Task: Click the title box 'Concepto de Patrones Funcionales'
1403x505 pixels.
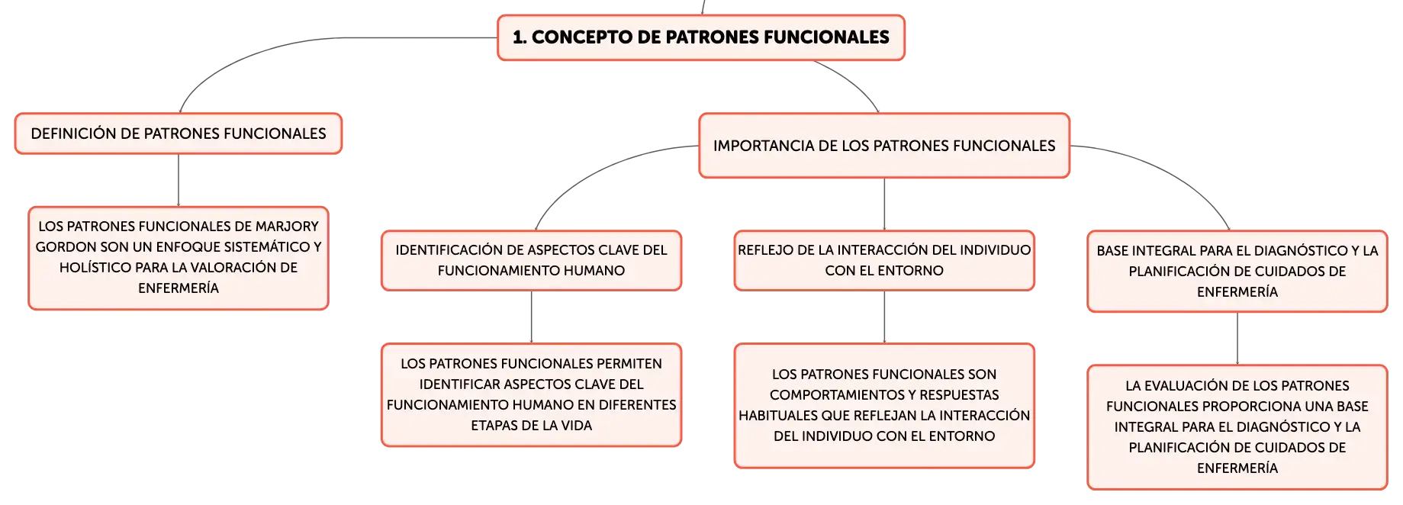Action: click(700, 37)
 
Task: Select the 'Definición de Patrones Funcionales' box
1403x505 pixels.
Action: click(179, 133)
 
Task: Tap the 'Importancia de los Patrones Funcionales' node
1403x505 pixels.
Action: click(884, 146)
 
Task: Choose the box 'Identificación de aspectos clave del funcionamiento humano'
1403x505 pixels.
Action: click(531, 260)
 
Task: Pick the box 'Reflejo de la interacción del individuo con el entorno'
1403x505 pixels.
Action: click(884, 260)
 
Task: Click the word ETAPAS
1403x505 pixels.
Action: click(494, 426)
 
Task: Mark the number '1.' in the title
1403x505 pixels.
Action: click(519, 37)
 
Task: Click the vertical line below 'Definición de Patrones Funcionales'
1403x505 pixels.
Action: click(179, 180)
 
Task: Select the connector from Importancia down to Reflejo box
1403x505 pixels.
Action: click(884, 204)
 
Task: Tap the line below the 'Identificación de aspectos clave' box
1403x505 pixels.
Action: click(531, 317)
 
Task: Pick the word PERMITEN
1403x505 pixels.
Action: click(629, 364)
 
